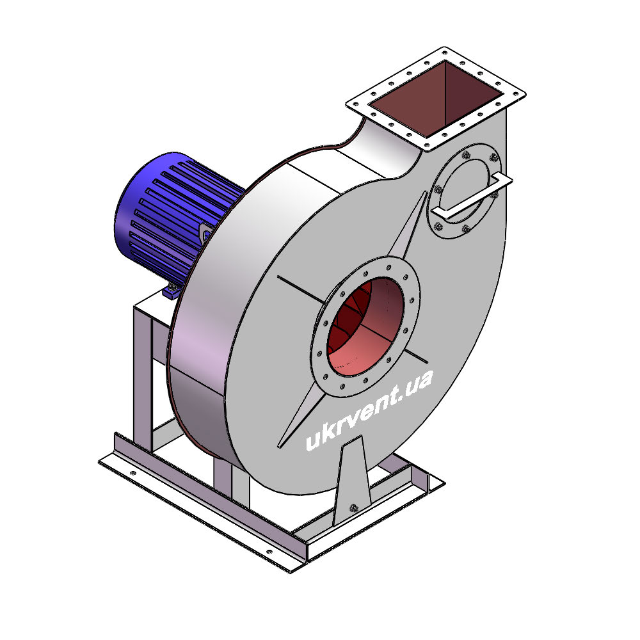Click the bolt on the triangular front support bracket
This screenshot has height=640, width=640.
(x=353, y=508)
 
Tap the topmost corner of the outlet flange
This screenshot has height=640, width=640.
(x=444, y=48)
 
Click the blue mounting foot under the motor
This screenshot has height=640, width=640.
(x=172, y=291)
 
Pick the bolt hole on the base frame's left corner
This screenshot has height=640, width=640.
(x=132, y=473)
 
